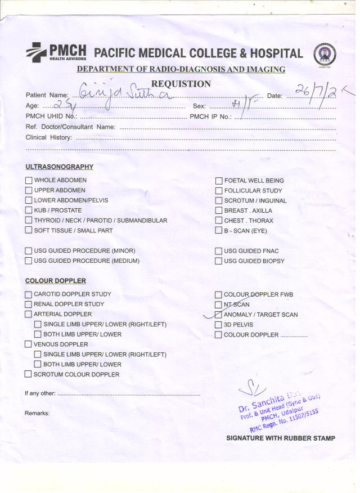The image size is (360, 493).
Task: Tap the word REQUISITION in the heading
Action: coord(181,84)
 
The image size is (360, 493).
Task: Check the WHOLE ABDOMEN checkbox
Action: coord(29,181)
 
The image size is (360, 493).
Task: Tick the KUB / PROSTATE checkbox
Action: coord(29,210)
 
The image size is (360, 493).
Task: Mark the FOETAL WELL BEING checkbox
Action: coord(219,181)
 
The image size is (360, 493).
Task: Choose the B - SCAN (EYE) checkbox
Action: coord(219,231)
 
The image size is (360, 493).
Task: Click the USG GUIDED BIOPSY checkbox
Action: coord(219,261)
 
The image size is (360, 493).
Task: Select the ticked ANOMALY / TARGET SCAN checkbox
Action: coord(219,315)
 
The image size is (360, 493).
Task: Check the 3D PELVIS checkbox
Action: coord(219,325)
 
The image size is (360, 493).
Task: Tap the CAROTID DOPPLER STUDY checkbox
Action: coord(29,294)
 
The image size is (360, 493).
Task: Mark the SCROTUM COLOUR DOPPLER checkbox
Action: coord(29,374)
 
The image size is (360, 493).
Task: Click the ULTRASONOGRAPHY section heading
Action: coord(59,167)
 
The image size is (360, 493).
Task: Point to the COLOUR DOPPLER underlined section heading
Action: coord(55,281)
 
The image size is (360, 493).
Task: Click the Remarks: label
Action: coord(37,414)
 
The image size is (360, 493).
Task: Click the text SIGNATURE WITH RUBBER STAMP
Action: coord(280,438)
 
